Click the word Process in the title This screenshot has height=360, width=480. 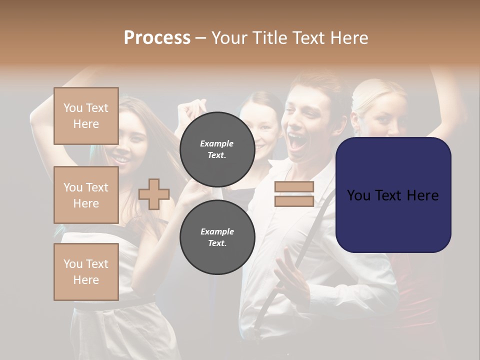click(x=157, y=38)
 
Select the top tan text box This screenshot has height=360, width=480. click(x=86, y=116)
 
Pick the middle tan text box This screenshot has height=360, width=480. click(x=86, y=195)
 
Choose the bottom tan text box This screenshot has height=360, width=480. click(x=86, y=271)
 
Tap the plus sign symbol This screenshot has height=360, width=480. click(x=154, y=194)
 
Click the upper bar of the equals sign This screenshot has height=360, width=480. click(x=294, y=187)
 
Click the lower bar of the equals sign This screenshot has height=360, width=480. click(x=294, y=201)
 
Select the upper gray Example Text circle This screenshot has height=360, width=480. click(x=217, y=149)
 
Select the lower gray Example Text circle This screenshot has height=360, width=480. click(x=217, y=237)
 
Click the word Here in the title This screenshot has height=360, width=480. click(x=347, y=38)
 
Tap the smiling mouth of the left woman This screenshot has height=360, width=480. click(x=120, y=159)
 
